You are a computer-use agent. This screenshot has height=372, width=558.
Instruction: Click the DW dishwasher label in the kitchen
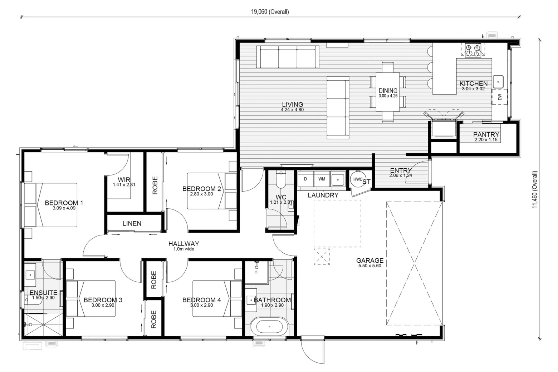(x=500, y=97)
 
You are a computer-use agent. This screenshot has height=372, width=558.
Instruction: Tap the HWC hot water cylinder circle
(x=358, y=179)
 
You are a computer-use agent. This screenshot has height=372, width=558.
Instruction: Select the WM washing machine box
(x=322, y=179)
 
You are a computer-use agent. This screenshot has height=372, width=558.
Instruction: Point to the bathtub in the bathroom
(x=269, y=327)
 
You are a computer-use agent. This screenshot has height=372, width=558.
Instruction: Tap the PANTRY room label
(x=486, y=135)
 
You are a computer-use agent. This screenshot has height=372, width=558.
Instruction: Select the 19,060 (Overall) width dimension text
(x=270, y=12)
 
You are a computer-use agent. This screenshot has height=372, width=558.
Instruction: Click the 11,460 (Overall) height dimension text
(x=535, y=189)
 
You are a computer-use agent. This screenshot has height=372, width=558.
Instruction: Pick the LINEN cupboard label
(x=132, y=223)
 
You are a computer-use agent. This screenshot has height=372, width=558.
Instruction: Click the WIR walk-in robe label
(x=124, y=179)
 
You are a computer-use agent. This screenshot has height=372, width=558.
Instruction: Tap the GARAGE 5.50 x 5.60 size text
(x=370, y=266)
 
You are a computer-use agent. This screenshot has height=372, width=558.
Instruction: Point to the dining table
(x=388, y=92)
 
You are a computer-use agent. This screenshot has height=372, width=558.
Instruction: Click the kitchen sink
(x=498, y=81)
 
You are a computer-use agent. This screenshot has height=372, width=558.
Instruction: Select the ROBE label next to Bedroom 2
(x=155, y=185)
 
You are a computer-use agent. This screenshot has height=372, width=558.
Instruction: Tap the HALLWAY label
(x=184, y=244)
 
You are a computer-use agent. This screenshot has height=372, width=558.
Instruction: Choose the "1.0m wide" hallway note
(x=184, y=249)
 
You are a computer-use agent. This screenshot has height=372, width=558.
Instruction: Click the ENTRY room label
(x=401, y=170)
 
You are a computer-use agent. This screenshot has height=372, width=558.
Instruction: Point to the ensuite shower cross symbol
(x=43, y=324)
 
